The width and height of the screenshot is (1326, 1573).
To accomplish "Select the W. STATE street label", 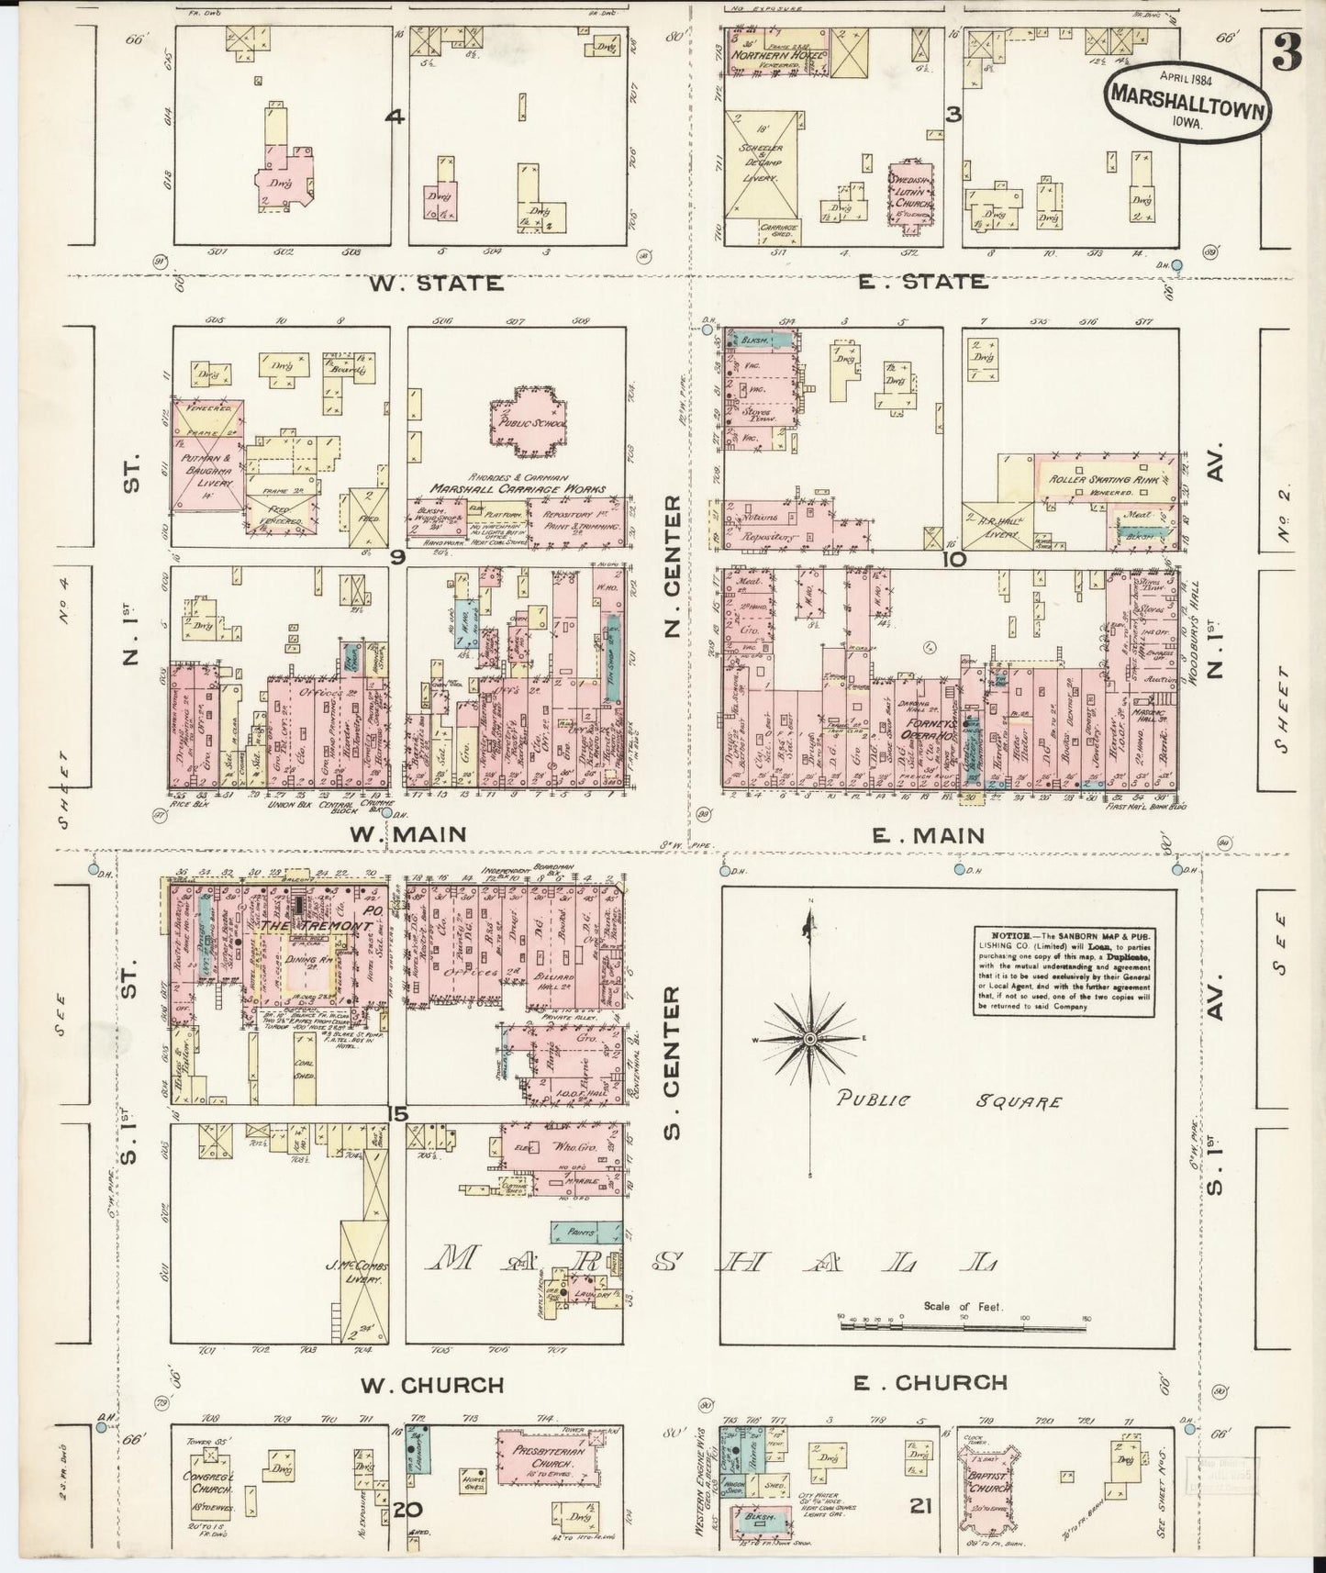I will (x=436, y=283).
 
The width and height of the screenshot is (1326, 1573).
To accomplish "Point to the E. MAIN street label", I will (x=927, y=835).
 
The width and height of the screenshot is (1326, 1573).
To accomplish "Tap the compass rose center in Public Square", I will (x=810, y=1038).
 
